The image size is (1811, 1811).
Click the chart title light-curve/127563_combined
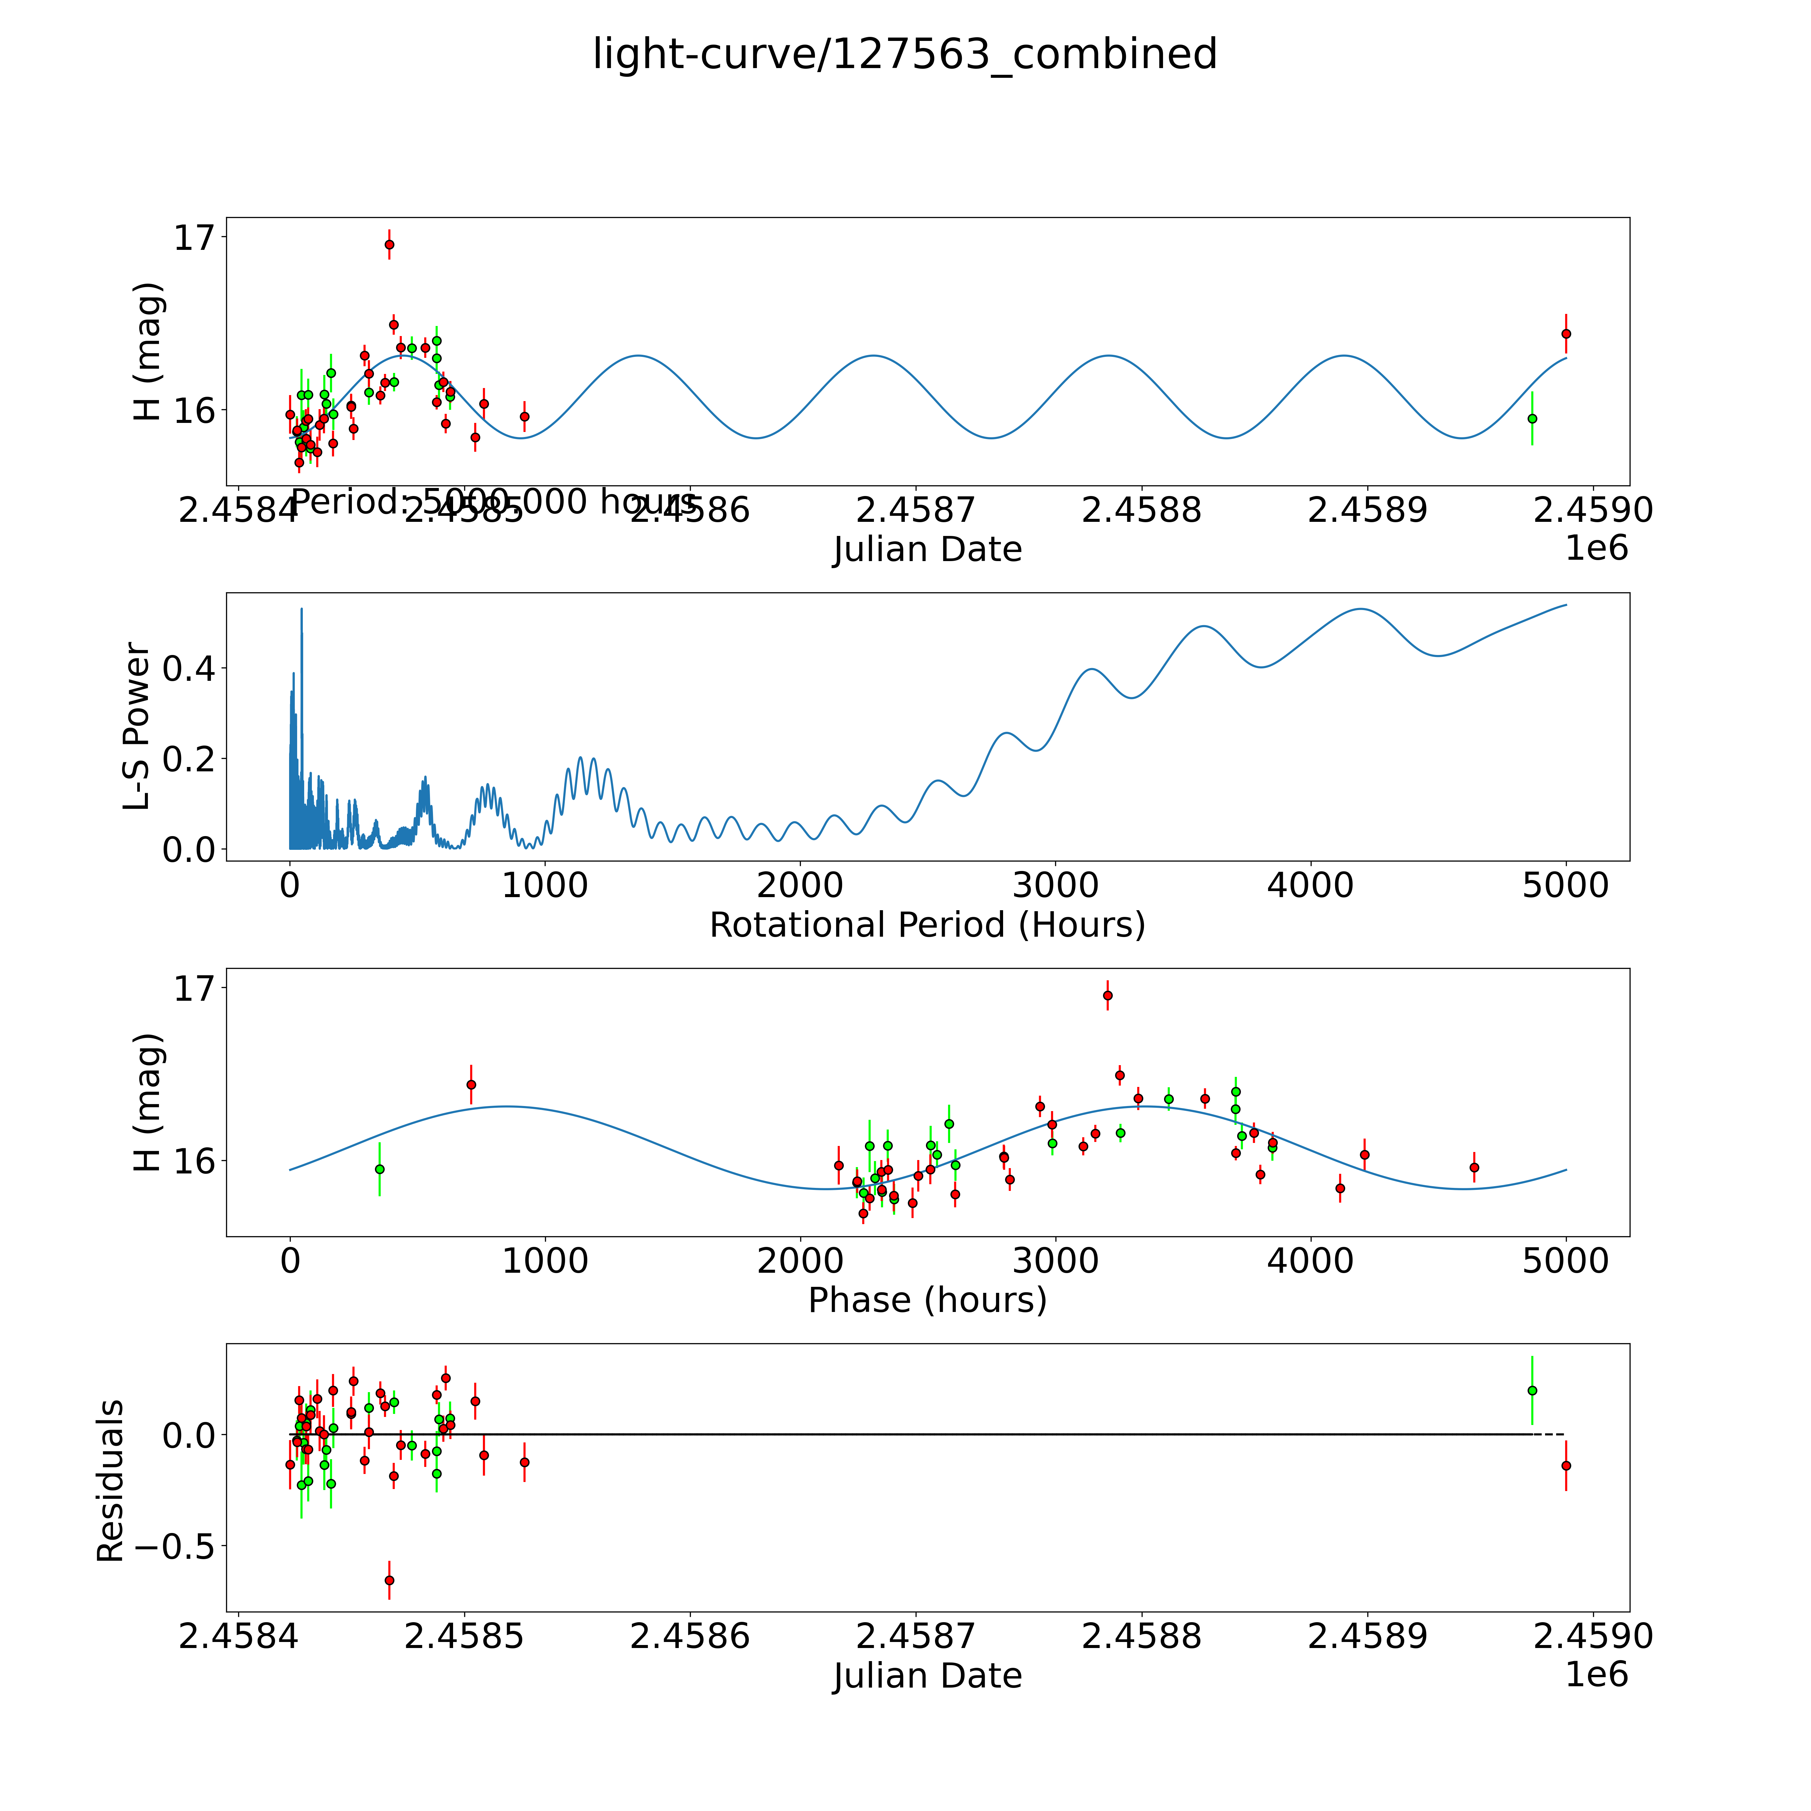[x=904, y=54]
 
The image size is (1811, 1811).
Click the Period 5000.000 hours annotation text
[x=494, y=502]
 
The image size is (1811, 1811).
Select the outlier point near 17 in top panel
[x=389, y=245]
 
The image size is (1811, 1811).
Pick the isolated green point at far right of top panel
[x=1532, y=418]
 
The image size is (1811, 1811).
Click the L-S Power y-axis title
[x=137, y=726]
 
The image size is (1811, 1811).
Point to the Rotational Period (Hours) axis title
[x=927, y=925]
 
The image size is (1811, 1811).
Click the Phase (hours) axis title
[x=927, y=1300]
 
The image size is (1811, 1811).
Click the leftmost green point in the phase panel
[x=380, y=1169]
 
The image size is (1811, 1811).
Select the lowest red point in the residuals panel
[x=389, y=1580]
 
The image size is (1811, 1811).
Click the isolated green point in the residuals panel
[x=1532, y=1390]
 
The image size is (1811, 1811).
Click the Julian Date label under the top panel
[x=927, y=549]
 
